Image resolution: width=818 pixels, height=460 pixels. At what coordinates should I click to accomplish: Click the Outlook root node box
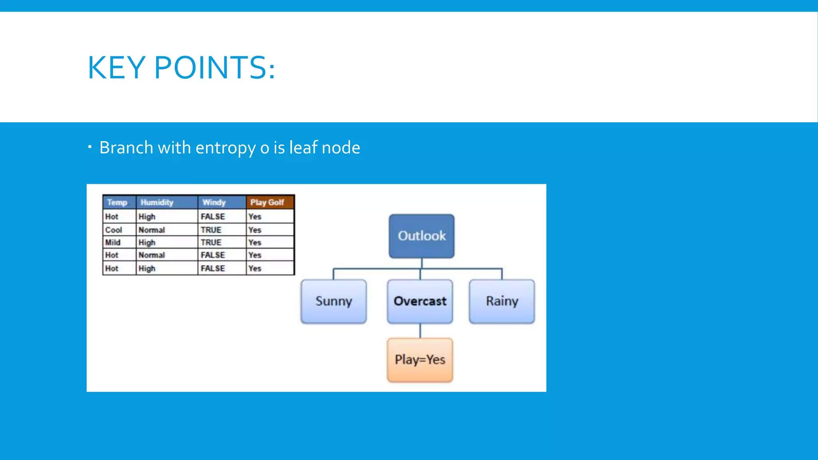pos(421,236)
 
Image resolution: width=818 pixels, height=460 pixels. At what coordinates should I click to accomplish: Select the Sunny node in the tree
pos(334,301)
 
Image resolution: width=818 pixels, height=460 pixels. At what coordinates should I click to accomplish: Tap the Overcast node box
pos(420,301)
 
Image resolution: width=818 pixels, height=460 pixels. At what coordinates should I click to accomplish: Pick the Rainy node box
pos(502,301)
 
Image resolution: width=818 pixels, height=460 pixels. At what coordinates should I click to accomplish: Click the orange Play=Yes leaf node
pos(420,360)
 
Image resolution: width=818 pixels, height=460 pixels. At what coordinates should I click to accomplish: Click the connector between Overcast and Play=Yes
pos(420,331)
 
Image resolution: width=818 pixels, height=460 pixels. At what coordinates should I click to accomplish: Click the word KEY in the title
pos(116,67)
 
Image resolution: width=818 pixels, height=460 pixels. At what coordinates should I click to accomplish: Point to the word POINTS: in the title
pos(214,67)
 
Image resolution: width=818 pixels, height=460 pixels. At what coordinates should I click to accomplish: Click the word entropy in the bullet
pos(225,148)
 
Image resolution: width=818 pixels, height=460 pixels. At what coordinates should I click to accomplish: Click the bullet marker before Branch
pos(90,147)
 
